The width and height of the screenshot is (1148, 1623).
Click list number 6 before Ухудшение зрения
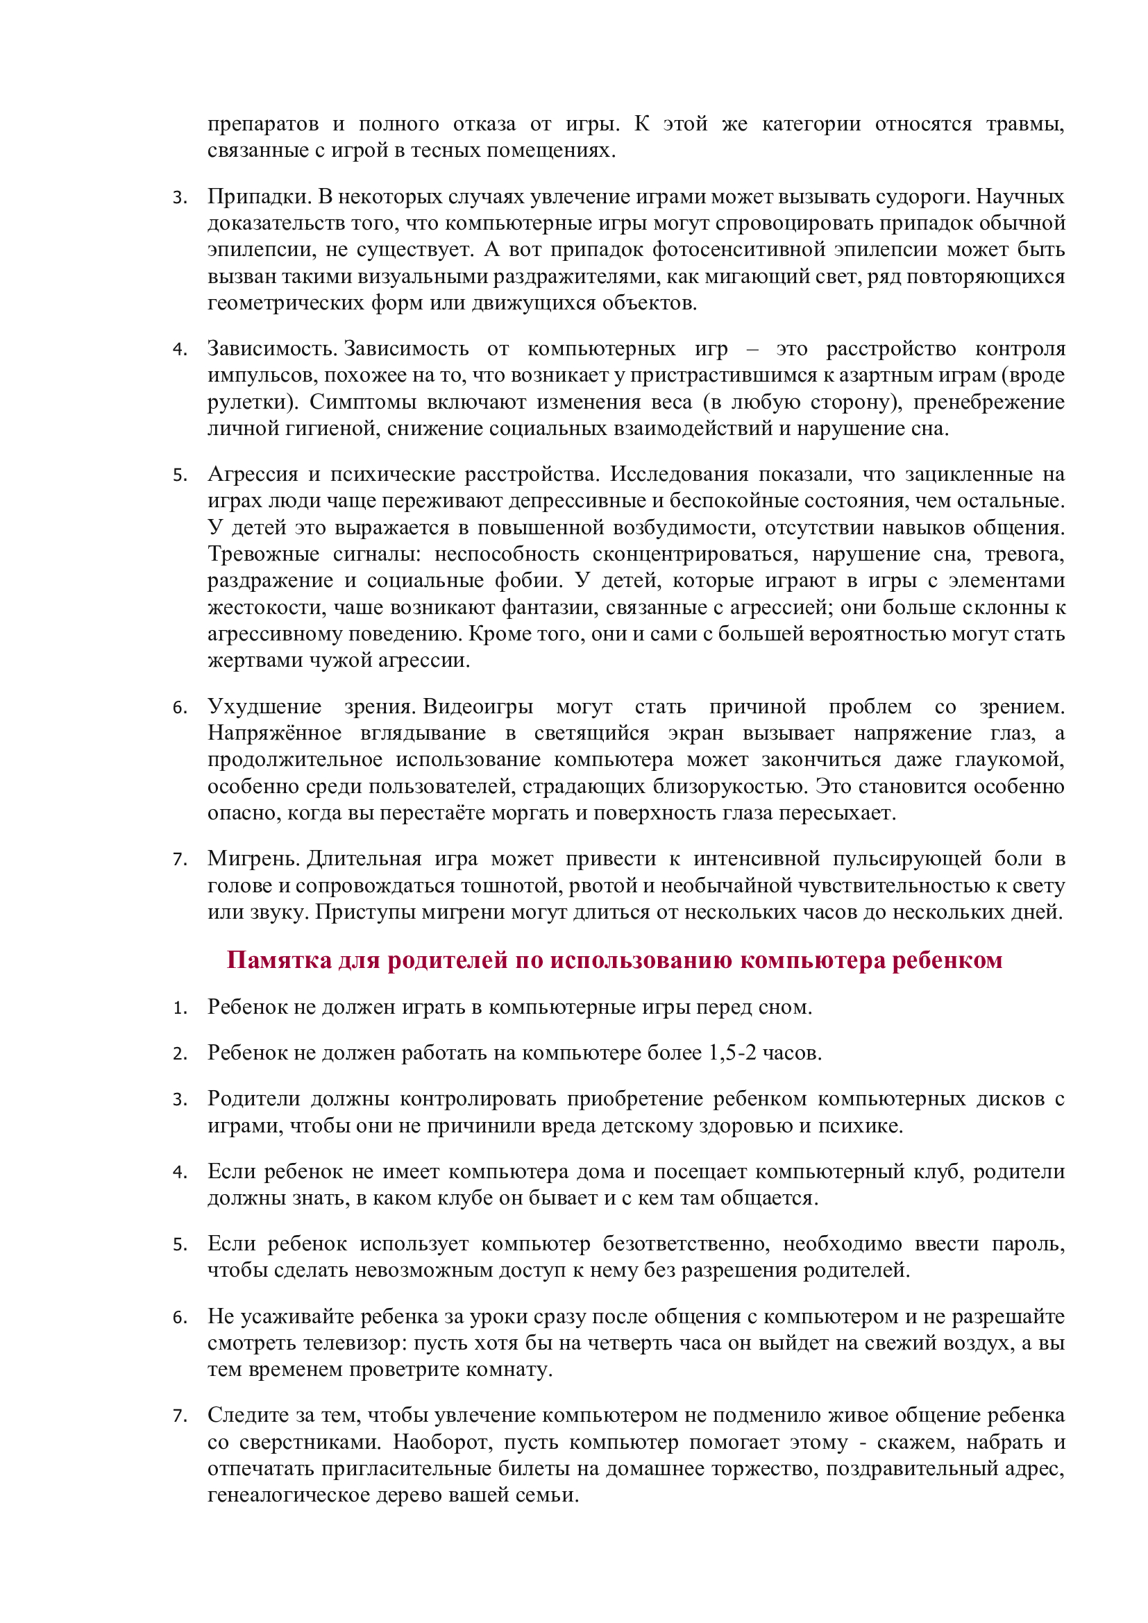(180, 707)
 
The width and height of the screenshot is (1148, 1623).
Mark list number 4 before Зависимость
(180, 349)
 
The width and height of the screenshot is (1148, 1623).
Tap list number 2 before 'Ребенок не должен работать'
(180, 1053)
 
